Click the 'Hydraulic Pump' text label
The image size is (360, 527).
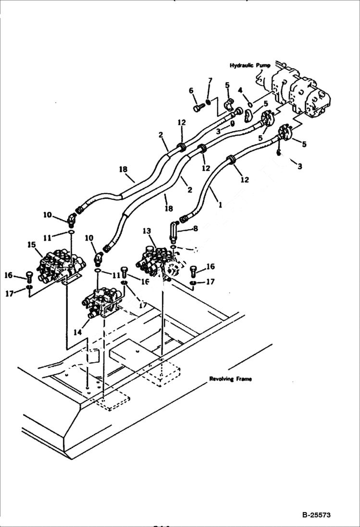[x=250, y=65]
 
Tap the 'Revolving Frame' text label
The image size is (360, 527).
[x=230, y=379]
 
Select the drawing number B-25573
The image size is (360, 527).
[x=316, y=515]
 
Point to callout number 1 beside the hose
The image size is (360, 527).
[x=220, y=204]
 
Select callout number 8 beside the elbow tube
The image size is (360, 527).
[x=196, y=229]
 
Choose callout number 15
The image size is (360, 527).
[x=32, y=245]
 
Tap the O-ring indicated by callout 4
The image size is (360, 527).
[x=250, y=104]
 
